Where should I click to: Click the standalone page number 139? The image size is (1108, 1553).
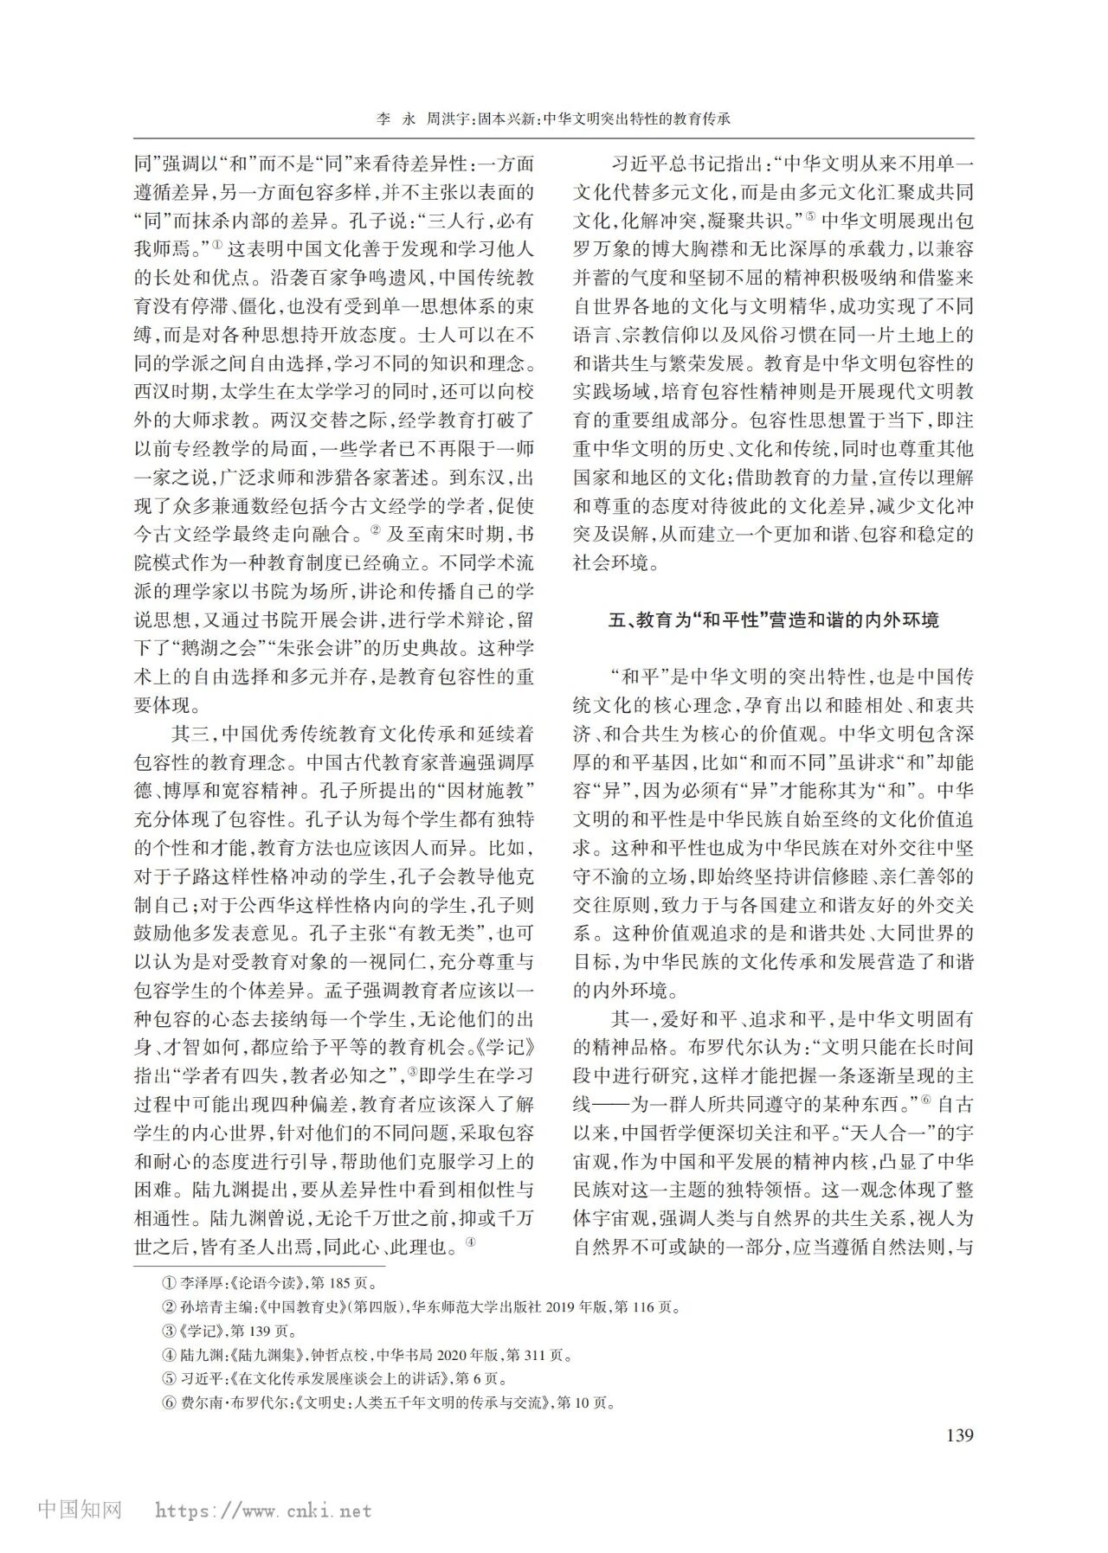coord(960,1435)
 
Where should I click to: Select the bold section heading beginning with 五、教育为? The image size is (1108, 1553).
coord(774,620)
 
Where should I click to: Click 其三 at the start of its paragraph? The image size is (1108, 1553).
coord(190,735)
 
